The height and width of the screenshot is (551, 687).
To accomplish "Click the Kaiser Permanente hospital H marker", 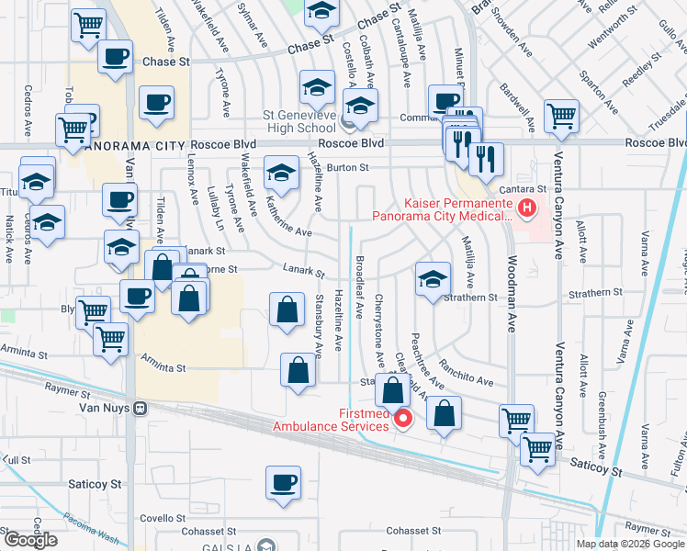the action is pos(526,208).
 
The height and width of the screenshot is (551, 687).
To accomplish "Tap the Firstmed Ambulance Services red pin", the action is pos(402,420).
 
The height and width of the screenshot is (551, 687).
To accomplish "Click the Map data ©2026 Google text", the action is pos(631,544).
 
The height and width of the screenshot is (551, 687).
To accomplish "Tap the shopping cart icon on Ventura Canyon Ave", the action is pos(560,117).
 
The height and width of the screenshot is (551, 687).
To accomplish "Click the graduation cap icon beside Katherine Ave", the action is pos(281,173).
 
